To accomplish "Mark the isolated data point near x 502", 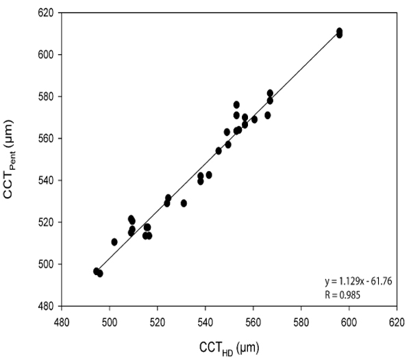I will (x=114, y=242).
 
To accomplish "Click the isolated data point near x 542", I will (x=209, y=175).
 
